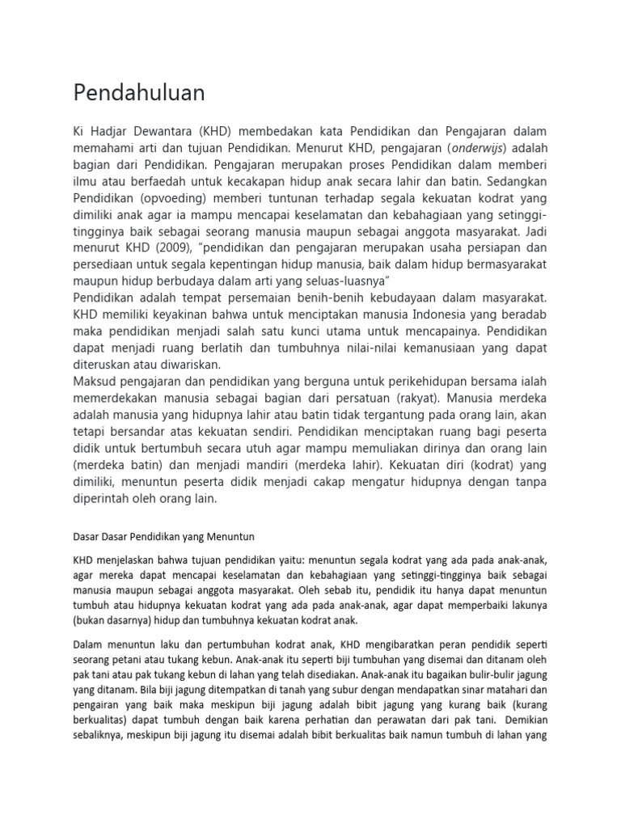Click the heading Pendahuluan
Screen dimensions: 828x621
[139, 94]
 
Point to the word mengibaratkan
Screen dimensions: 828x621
[402, 644]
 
